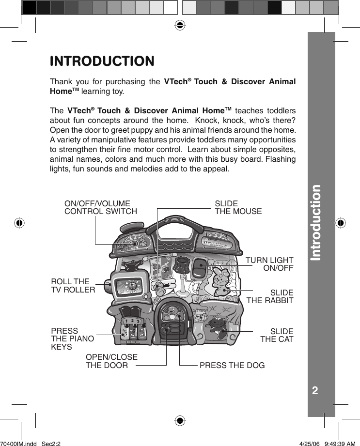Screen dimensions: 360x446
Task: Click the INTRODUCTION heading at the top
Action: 102,62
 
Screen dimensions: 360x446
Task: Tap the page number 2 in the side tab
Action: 315,390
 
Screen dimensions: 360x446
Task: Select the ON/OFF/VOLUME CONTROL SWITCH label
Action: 101,208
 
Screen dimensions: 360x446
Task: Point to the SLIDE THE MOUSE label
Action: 238,208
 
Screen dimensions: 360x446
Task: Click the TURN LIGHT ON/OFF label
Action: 269,264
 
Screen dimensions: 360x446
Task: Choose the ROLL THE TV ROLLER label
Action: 73,286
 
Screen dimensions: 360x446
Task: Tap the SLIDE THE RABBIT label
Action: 270,296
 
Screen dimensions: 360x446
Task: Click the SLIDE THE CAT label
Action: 277,335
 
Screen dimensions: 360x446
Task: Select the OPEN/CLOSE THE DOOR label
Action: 111,361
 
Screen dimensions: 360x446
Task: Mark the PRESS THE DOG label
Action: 232,365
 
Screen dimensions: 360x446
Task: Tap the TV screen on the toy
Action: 130,286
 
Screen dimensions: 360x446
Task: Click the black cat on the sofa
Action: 216,325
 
